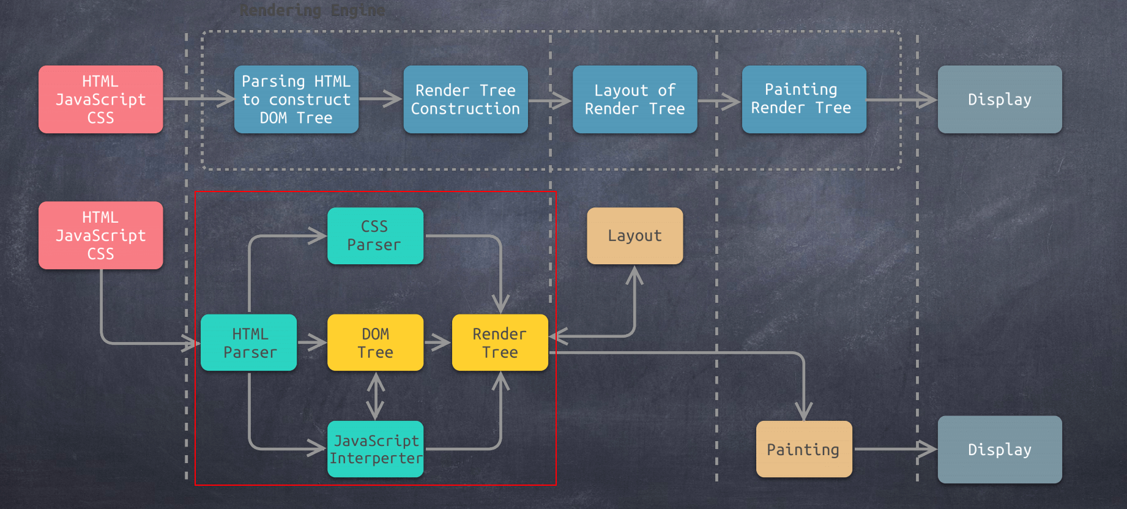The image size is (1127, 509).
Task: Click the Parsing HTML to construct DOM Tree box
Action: pyautogui.click(x=296, y=99)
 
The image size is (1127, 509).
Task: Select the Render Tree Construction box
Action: pyautogui.click(x=465, y=99)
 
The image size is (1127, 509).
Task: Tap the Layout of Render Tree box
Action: pyautogui.click(x=634, y=99)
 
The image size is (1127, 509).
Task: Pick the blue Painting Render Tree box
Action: pyautogui.click(x=803, y=99)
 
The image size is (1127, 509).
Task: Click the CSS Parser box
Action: pyautogui.click(x=375, y=236)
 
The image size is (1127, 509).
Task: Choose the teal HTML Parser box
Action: pyautogui.click(x=248, y=343)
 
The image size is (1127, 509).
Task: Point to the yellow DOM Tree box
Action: pyautogui.click(x=375, y=343)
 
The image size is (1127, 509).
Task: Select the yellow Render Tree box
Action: pyautogui.click(x=499, y=343)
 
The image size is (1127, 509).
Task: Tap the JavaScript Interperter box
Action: pyautogui.click(x=375, y=449)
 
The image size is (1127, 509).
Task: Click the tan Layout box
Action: pyautogui.click(x=634, y=236)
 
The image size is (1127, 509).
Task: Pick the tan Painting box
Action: pyautogui.click(x=803, y=449)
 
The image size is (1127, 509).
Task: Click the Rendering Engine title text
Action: pyautogui.click(x=312, y=10)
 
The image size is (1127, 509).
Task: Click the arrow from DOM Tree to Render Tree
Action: pyautogui.click(x=437, y=343)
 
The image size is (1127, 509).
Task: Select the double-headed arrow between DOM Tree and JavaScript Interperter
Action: pyautogui.click(x=375, y=396)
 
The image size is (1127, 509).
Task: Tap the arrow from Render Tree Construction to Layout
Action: pyautogui.click(x=549, y=100)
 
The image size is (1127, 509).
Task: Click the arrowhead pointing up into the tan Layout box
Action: pyautogui.click(x=634, y=275)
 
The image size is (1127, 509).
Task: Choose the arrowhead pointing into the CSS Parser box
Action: pyautogui.click(x=318, y=236)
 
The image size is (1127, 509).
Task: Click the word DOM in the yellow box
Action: pyautogui.click(x=375, y=334)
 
